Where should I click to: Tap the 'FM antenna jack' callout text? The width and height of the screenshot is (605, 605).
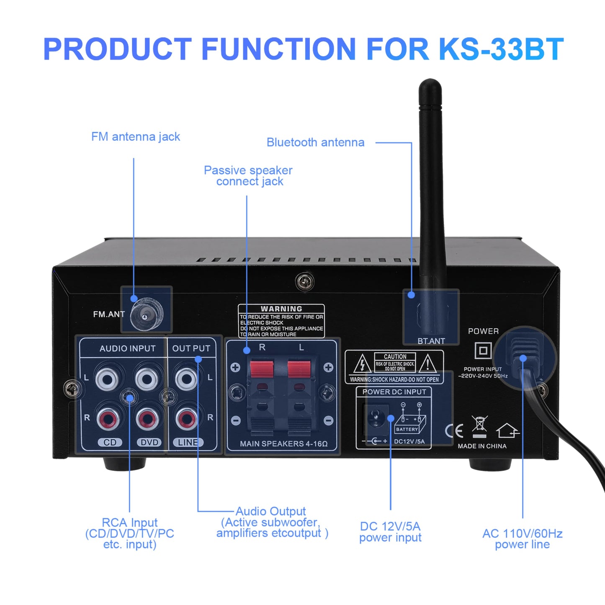pos(136,137)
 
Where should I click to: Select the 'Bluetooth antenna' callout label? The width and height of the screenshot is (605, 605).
pos(315,143)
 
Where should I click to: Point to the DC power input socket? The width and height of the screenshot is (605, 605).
pos(376,417)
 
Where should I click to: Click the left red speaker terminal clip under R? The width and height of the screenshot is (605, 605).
pos(262,369)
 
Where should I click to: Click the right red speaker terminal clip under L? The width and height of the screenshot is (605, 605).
pos(299,369)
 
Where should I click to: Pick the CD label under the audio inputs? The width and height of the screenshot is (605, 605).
pos(110,443)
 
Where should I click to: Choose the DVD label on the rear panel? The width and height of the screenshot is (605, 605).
pos(149,443)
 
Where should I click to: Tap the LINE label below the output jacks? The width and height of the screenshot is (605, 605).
pos(188,443)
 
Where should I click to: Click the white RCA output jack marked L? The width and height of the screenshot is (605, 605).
pos(186,379)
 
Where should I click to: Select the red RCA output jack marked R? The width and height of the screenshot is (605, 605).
pos(186,418)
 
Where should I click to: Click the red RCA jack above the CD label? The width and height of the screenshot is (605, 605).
pos(108,418)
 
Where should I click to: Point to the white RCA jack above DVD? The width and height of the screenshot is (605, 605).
pos(147,379)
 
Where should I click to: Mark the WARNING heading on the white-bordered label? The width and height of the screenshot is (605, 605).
pos(281,309)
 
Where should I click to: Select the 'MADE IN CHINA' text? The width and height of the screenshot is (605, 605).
pos(482,446)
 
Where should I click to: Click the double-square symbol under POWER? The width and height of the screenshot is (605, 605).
pos(483,350)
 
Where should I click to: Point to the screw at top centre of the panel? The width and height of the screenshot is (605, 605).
pos(305,281)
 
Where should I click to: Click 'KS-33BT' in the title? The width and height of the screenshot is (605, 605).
pos(501,49)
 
